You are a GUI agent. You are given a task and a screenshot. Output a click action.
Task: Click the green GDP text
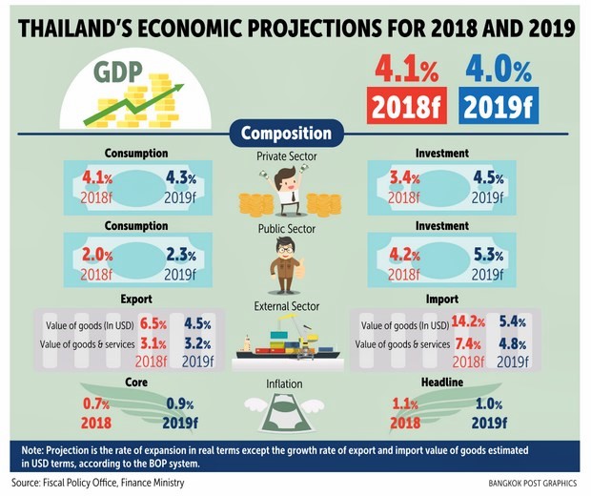(x=120, y=72)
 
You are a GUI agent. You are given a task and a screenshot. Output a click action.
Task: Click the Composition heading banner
(x=286, y=134)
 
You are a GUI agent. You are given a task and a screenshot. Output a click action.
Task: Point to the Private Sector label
(x=287, y=155)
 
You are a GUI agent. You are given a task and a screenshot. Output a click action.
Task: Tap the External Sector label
(x=287, y=306)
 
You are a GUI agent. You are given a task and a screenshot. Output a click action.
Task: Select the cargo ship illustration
(x=287, y=342)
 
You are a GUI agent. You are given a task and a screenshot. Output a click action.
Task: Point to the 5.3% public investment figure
(x=487, y=255)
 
